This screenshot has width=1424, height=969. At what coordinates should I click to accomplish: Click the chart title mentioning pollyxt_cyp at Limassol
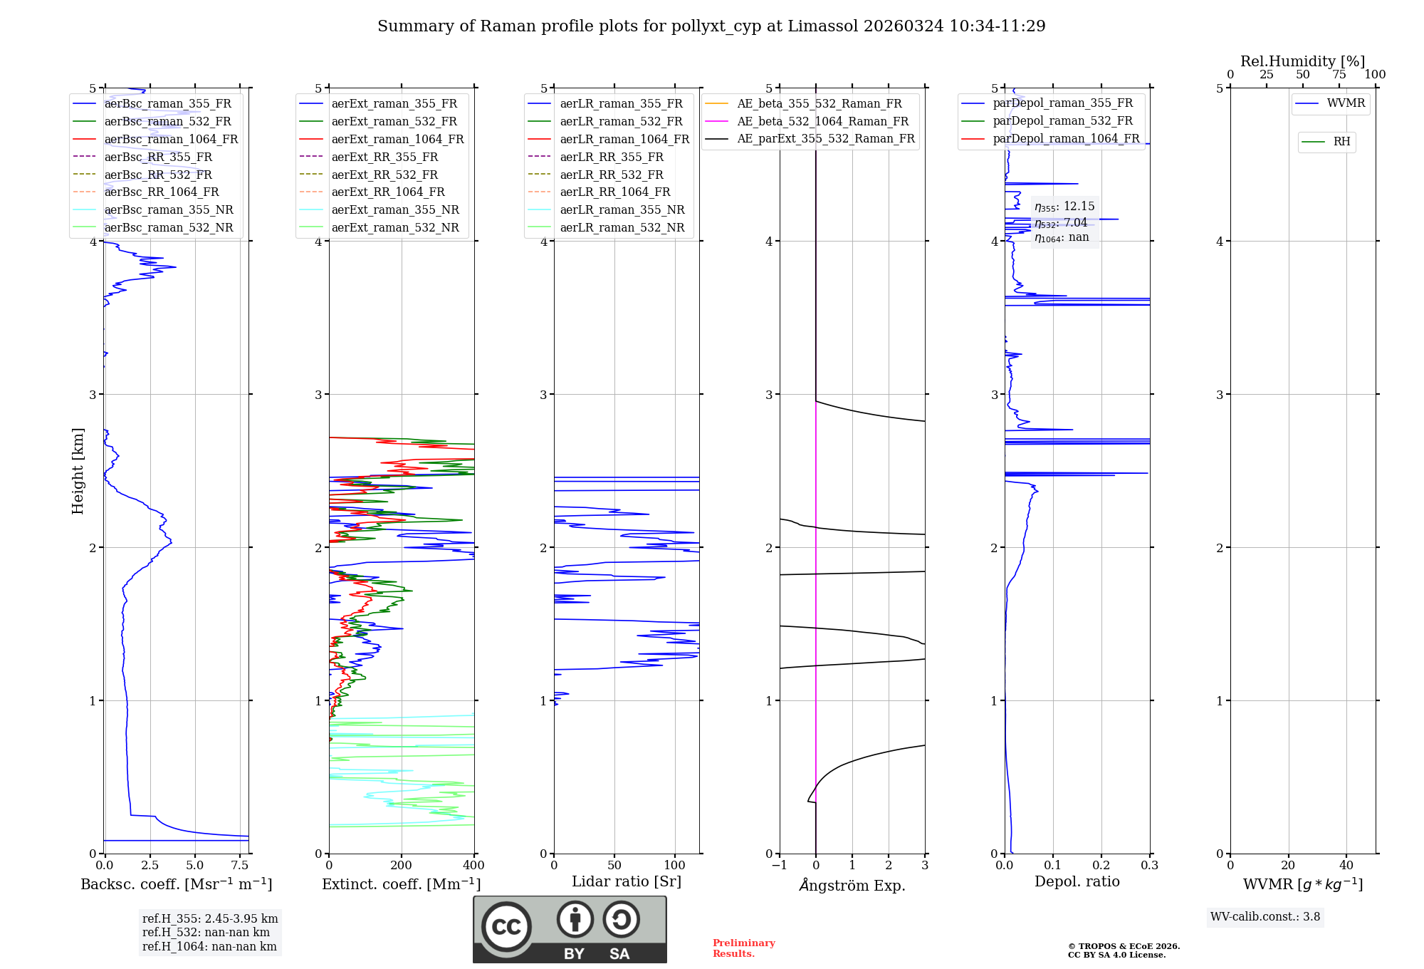[x=711, y=26]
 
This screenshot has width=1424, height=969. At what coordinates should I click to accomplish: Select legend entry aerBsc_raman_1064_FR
[x=171, y=140]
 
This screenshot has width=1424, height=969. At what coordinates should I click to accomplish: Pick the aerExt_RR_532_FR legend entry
[x=384, y=175]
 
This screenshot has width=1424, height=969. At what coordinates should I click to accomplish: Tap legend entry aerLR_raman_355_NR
[x=622, y=210]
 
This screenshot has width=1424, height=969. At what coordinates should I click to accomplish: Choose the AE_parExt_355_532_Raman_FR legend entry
[x=825, y=139]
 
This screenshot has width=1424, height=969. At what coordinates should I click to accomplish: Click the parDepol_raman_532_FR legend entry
[x=1062, y=121]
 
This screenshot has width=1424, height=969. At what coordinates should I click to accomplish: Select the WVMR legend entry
[x=1346, y=103]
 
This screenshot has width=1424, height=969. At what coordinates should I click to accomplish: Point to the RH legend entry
[x=1341, y=142]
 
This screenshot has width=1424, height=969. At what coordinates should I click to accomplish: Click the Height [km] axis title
[x=78, y=470]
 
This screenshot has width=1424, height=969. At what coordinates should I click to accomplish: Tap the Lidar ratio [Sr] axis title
[x=627, y=882]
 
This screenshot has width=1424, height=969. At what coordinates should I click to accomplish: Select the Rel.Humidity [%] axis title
[x=1302, y=61]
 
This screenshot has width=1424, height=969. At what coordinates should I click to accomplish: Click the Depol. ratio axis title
[x=1077, y=882]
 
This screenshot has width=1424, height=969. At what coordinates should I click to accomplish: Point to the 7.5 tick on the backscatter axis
[x=240, y=866]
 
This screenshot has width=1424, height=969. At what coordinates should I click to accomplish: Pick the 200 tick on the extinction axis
[x=402, y=866]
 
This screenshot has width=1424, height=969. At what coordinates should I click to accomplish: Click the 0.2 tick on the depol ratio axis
[x=1101, y=866]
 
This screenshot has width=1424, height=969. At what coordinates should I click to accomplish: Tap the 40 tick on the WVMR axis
[x=1346, y=866]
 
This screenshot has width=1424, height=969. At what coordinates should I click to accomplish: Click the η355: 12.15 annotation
[x=1064, y=207]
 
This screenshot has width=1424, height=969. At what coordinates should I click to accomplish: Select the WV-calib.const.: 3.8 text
[x=1265, y=917]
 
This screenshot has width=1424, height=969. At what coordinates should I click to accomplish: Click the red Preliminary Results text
[x=743, y=948]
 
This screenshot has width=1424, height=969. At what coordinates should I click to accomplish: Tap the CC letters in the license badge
[x=506, y=927]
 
